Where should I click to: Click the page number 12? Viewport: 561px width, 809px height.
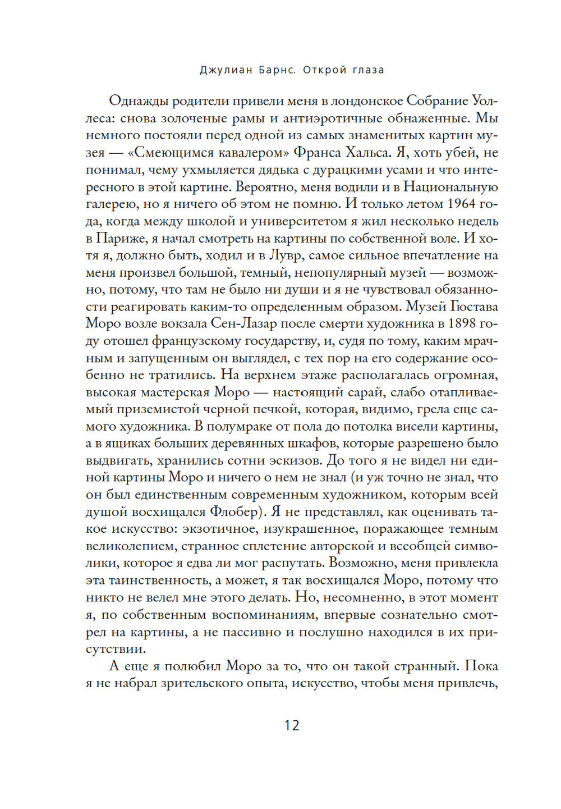[x=292, y=725]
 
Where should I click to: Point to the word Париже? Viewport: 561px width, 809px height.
[x=122, y=238]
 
